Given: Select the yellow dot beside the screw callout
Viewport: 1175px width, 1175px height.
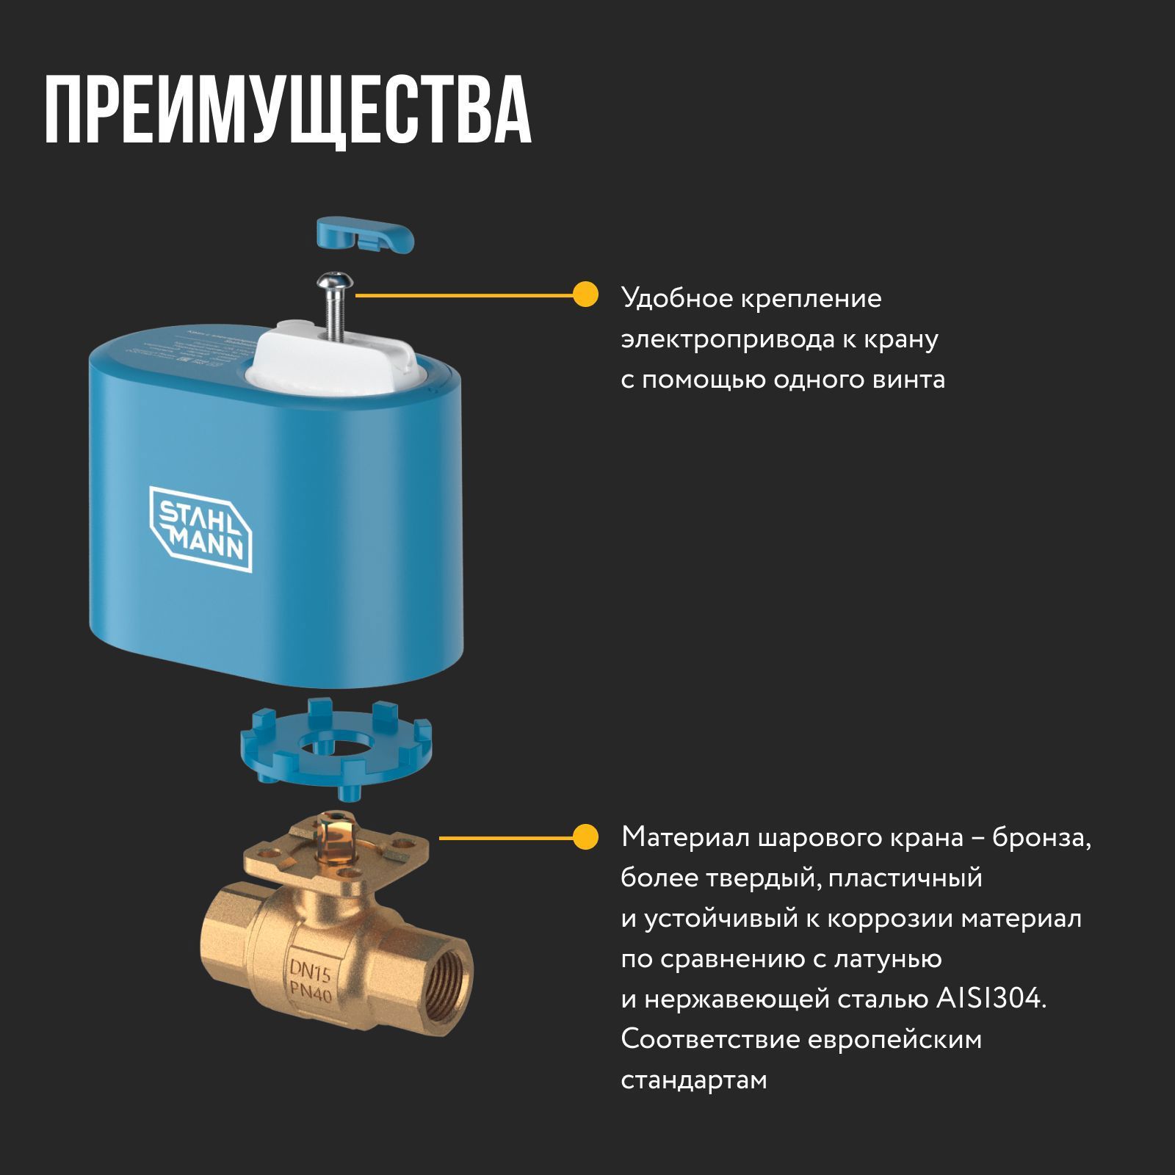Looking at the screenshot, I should (x=585, y=295).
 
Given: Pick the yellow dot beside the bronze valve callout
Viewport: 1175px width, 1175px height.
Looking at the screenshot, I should (x=585, y=837).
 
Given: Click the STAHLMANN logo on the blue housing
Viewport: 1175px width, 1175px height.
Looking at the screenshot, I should (x=200, y=528).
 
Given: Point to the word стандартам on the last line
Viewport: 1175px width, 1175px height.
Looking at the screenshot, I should (x=693, y=1080).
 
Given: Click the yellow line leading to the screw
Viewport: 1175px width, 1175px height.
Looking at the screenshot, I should (x=463, y=295).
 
